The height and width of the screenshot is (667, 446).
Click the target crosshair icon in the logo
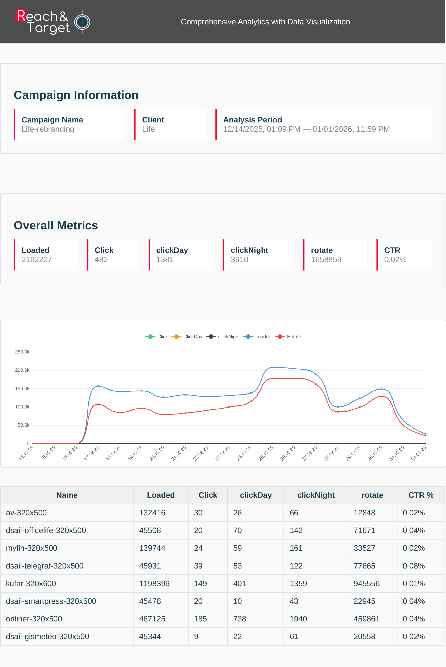pyautogui.click(x=82, y=22)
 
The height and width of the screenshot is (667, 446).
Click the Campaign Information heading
pyautogui.click(x=76, y=95)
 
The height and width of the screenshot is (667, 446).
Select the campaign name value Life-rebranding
pyautogui.click(x=48, y=129)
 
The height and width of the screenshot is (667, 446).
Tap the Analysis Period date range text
pyautogui.click(x=306, y=129)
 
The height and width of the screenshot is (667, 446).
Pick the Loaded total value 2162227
pyautogui.click(x=37, y=259)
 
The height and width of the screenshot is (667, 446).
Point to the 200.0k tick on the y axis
pyautogui.click(x=22, y=370)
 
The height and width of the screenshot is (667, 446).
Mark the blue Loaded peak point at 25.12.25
pyautogui.click(x=273, y=368)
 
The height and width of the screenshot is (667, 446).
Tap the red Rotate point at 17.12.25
pyautogui.click(x=98, y=404)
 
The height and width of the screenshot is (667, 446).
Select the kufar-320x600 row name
pyautogui.click(x=31, y=583)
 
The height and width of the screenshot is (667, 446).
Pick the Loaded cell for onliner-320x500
pyautogui.click(x=152, y=619)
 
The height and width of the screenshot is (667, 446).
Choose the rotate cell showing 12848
pyautogui.click(x=364, y=513)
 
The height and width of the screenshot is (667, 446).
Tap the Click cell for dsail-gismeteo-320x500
pyautogui.click(x=196, y=636)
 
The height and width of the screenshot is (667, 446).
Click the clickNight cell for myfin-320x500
pyautogui.click(x=296, y=548)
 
